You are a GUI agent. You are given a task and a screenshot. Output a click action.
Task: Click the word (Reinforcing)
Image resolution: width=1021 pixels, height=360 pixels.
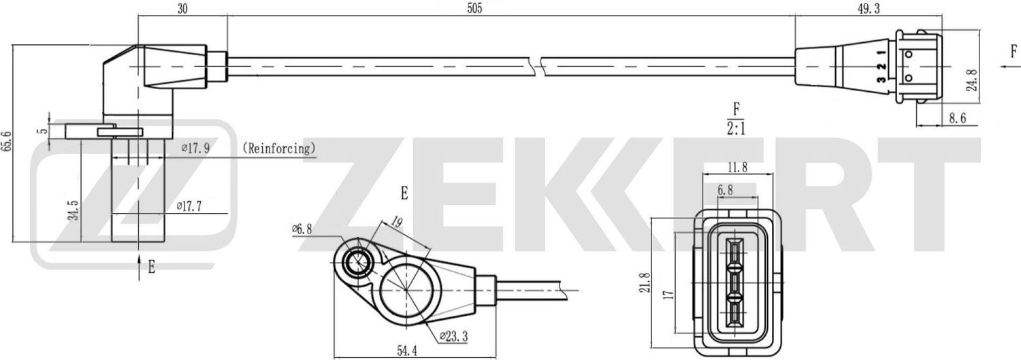click(x=278, y=148)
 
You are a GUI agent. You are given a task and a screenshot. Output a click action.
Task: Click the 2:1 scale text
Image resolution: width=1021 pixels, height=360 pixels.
click(x=736, y=127)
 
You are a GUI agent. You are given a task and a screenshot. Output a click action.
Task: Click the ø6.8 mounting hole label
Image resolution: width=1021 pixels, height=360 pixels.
click(x=302, y=229)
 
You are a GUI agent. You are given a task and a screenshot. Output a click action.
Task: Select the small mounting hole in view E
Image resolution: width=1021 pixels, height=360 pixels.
click(x=357, y=262)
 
